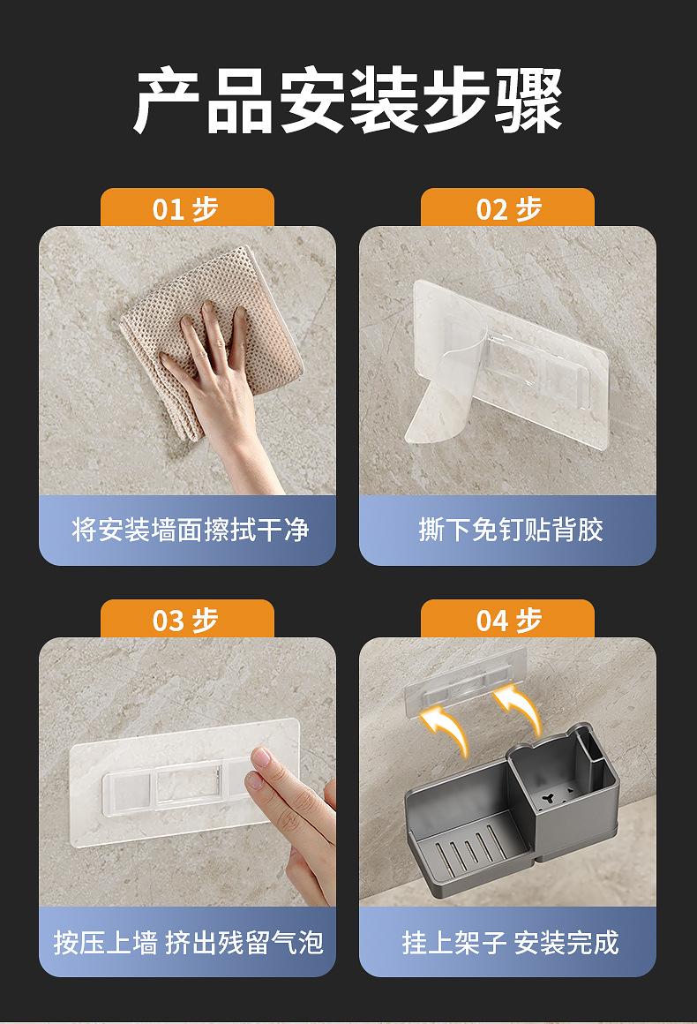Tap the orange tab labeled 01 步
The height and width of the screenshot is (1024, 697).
pyautogui.click(x=187, y=208)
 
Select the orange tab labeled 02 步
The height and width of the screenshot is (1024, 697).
pyautogui.click(x=507, y=208)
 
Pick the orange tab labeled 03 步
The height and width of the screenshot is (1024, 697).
pyautogui.click(x=187, y=619)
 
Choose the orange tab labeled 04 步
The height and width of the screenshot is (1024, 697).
pyautogui.click(x=507, y=619)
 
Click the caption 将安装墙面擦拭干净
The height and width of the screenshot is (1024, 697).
pyautogui.click(x=190, y=530)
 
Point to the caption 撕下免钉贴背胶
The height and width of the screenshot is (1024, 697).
pyautogui.click(x=510, y=530)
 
